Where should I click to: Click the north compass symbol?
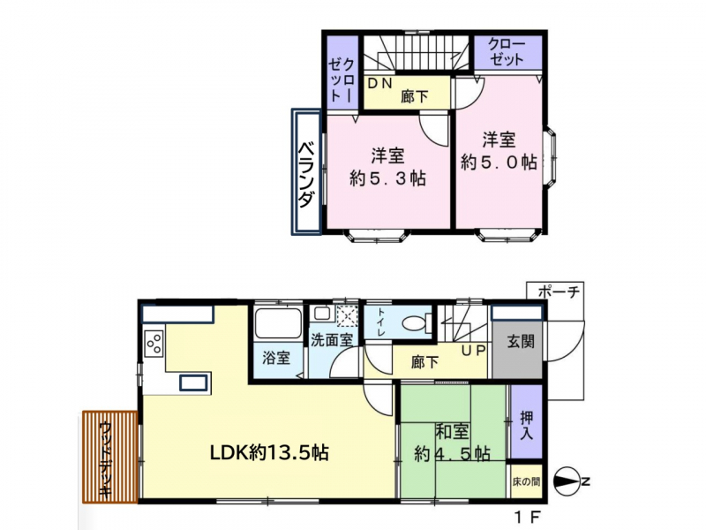pyautogui.click(x=571, y=481)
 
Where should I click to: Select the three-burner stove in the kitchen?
pyautogui.click(x=154, y=343)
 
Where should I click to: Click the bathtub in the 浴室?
pyautogui.click(x=278, y=322)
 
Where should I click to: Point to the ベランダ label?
pyautogui.click(x=306, y=174)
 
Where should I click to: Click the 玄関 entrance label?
pyautogui.click(x=521, y=342)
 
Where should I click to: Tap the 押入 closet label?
pyautogui.click(x=526, y=426)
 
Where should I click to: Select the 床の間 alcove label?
pyautogui.click(x=526, y=481)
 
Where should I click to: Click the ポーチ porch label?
pyautogui.click(x=559, y=291)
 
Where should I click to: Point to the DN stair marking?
pyautogui.click(x=380, y=83)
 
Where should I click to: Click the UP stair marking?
pyautogui.click(x=473, y=350)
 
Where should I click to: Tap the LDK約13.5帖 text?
pyautogui.click(x=269, y=452)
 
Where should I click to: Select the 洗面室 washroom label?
pyautogui.click(x=332, y=340)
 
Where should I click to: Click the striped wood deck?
pyautogui.click(x=109, y=457)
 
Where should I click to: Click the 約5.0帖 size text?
pyautogui.click(x=499, y=163)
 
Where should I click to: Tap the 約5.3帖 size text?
pyautogui.click(x=387, y=179)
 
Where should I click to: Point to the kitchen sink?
pyautogui.click(x=193, y=382)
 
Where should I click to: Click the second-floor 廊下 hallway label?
pyautogui.click(x=415, y=96)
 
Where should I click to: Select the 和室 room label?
pyautogui.click(x=452, y=431)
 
